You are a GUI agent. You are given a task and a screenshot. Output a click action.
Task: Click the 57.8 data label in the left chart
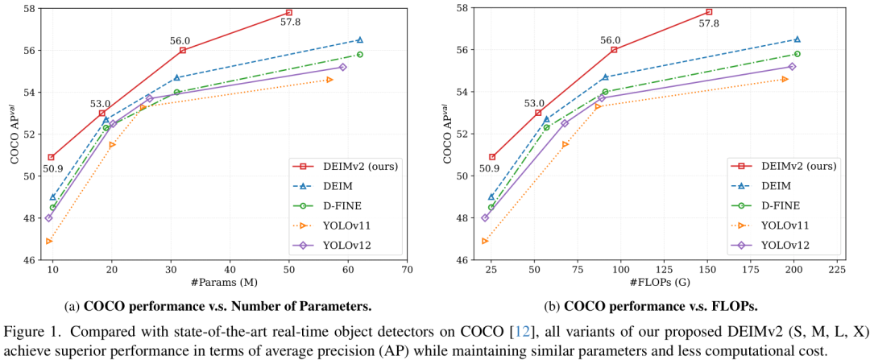(290, 23)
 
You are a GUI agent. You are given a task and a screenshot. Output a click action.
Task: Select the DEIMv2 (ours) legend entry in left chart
(347, 167)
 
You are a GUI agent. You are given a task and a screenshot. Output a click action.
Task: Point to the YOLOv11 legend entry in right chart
(783, 226)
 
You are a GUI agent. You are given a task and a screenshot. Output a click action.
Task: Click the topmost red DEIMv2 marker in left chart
(289, 13)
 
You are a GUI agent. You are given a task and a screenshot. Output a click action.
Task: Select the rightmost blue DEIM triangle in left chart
(359, 39)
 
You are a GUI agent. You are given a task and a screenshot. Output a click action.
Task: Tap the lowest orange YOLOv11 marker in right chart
(485, 241)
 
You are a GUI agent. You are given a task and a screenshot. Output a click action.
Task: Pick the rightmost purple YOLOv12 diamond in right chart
(792, 67)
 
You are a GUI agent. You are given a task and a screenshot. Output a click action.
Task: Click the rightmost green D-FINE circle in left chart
(359, 54)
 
